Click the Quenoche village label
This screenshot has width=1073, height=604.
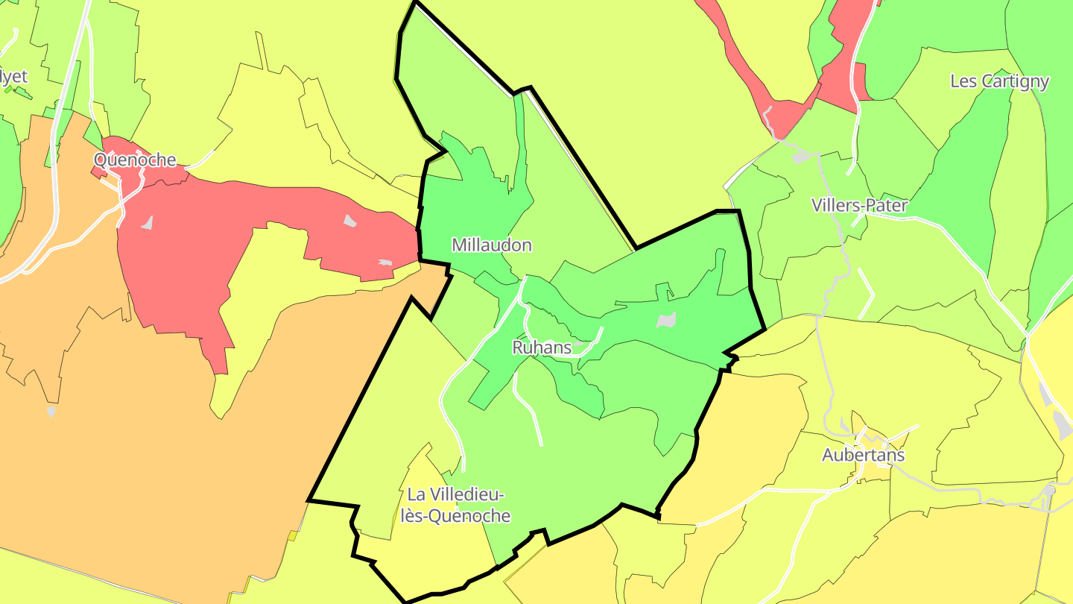point(135,160)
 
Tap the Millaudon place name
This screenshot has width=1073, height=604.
point(492,245)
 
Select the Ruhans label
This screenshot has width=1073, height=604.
point(542,347)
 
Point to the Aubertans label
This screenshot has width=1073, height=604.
point(863,456)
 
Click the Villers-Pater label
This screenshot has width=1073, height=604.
point(859,206)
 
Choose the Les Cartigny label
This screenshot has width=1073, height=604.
point(999,81)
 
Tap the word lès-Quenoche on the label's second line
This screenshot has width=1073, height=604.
point(455,516)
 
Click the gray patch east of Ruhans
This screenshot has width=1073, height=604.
point(666,321)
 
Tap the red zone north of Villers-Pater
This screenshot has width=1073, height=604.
point(835,82)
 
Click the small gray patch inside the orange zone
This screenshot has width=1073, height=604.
point(51,411)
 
